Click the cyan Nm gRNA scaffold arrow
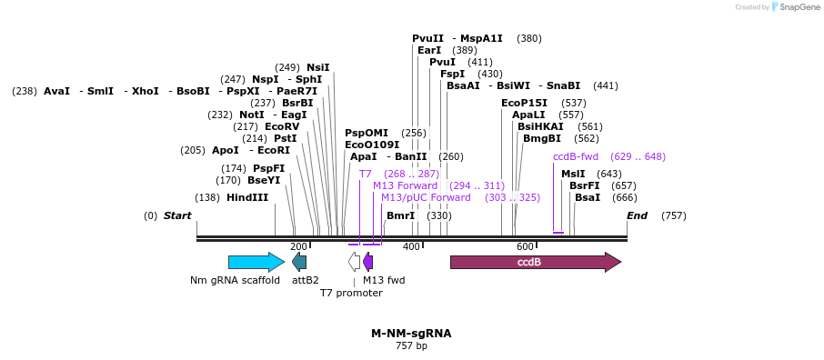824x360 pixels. coord(256,262)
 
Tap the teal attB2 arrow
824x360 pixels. coord(299,262)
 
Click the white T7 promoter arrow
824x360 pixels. coord(355,262)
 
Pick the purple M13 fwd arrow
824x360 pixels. coord(367,262)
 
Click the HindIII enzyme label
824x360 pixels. coord(246,197)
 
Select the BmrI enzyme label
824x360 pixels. coord(400,215)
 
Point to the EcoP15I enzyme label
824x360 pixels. coord(524,103)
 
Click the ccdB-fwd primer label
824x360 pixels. coord(575,156)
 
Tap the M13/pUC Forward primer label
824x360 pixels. coord(426,197)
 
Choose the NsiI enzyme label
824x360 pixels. coord(317,67)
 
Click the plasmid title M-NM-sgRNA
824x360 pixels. coord(411,334)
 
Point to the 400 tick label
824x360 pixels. coord(411,246)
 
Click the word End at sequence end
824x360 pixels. coord(638,215)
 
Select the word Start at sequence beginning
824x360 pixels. coord(177,215)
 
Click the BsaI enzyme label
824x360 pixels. coord(587,197)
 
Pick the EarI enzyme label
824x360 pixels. coord(429,50)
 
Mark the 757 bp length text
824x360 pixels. coord(411,345)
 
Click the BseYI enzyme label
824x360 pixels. coord(264,180)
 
